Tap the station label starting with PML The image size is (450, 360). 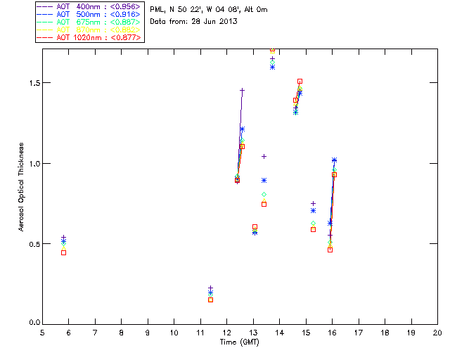[x=209, y=10]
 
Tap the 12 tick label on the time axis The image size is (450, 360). [x=227, y=332]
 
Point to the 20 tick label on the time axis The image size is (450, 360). [x=437, y=332]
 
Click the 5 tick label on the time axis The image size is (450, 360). [x=43, y=332]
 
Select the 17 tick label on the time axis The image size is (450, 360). [x=359, y=332]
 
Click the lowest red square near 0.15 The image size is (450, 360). [x=210, y=300]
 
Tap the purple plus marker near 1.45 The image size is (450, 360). [x=242, y=91]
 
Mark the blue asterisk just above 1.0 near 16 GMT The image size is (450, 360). [x=334, y=160]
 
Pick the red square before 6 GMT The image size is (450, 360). [x=63, y=252]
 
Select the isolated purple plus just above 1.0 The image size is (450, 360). [x=264, y=156]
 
